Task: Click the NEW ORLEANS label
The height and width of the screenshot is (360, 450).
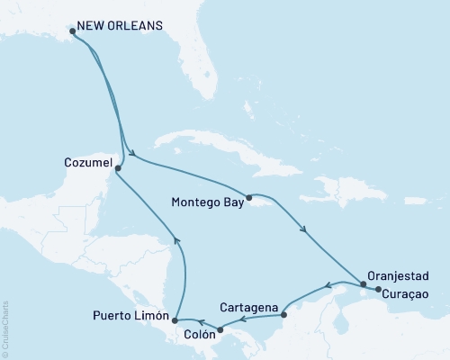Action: (121, 25)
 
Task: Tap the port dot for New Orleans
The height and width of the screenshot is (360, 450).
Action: (73, 31)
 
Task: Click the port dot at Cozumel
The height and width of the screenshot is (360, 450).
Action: (119, 167)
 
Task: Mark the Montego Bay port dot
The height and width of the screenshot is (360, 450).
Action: (249, 196)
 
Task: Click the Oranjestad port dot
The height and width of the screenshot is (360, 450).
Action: (364, 284)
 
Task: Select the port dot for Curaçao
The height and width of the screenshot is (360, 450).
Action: (377, 290)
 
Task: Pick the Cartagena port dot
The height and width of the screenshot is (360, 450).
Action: (283, 315)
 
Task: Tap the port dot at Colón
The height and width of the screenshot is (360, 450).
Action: (221, 330)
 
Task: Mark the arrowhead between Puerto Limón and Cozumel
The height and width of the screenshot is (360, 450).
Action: (177, 239)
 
